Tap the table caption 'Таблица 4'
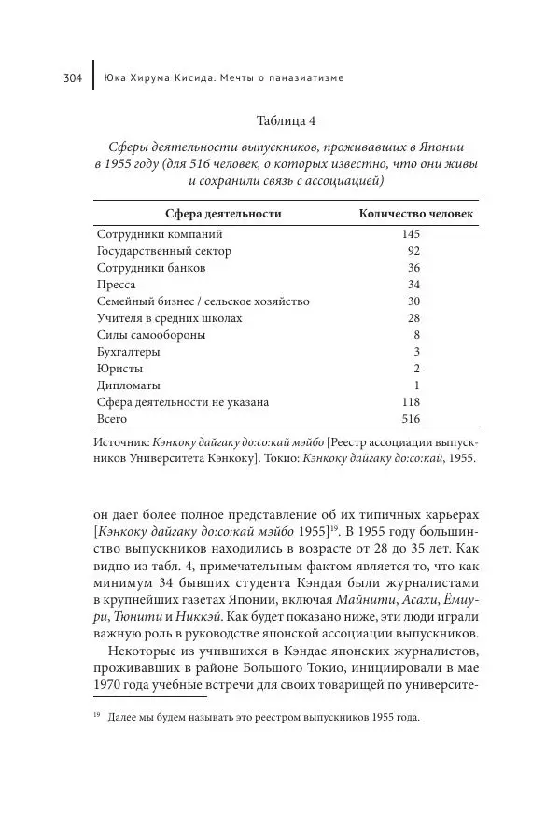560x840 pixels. coord(286,121)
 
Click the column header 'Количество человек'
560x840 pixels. coord(416,214)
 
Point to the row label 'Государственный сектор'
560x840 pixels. coord(164,251)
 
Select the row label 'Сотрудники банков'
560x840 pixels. coord(151,268)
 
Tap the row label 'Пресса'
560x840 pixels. coord(117,285)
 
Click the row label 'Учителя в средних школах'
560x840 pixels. coord(169,318)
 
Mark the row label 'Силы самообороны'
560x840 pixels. coord(151,335)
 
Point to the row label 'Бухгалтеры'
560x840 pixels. coord(129,352)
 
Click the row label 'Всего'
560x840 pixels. coord(112,419)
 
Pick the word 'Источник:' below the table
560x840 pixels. coord(124,442)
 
